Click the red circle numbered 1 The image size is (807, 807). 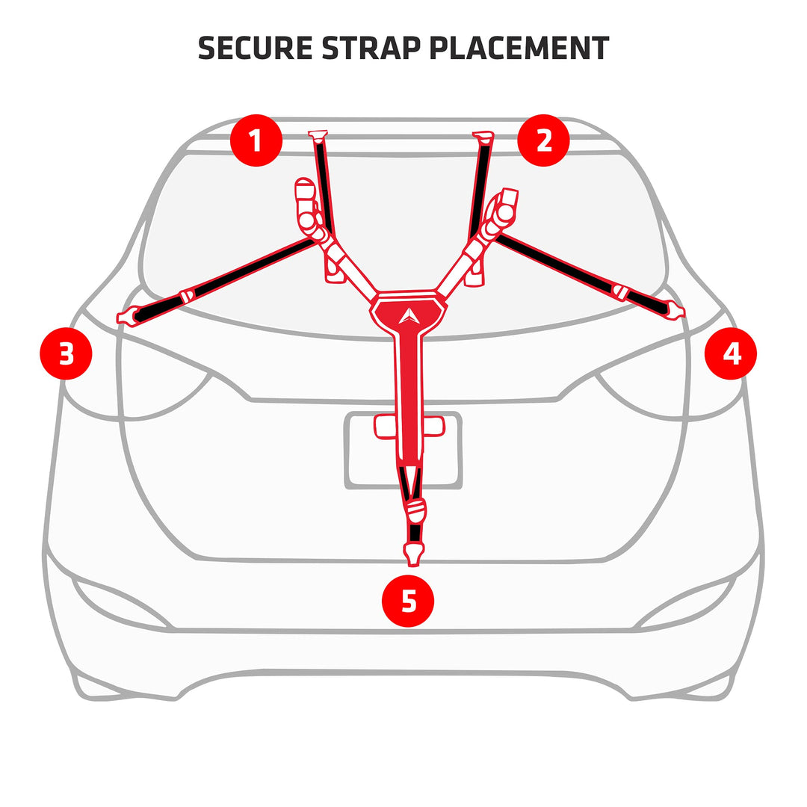[256, 140]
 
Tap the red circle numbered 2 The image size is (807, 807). [543, 140]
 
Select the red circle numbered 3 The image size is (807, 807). [66, 353]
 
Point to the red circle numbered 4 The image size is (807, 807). [731, 353]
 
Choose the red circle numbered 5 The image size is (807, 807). [408, 601]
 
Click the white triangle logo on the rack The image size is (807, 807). [408, 316]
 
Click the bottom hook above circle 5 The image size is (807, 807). [413, 554]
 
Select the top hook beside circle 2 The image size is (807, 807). [483, 136]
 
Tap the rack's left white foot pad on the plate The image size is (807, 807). [385, 427]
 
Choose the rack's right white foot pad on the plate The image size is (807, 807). [434, 426]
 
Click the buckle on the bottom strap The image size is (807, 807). [415, 511]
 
